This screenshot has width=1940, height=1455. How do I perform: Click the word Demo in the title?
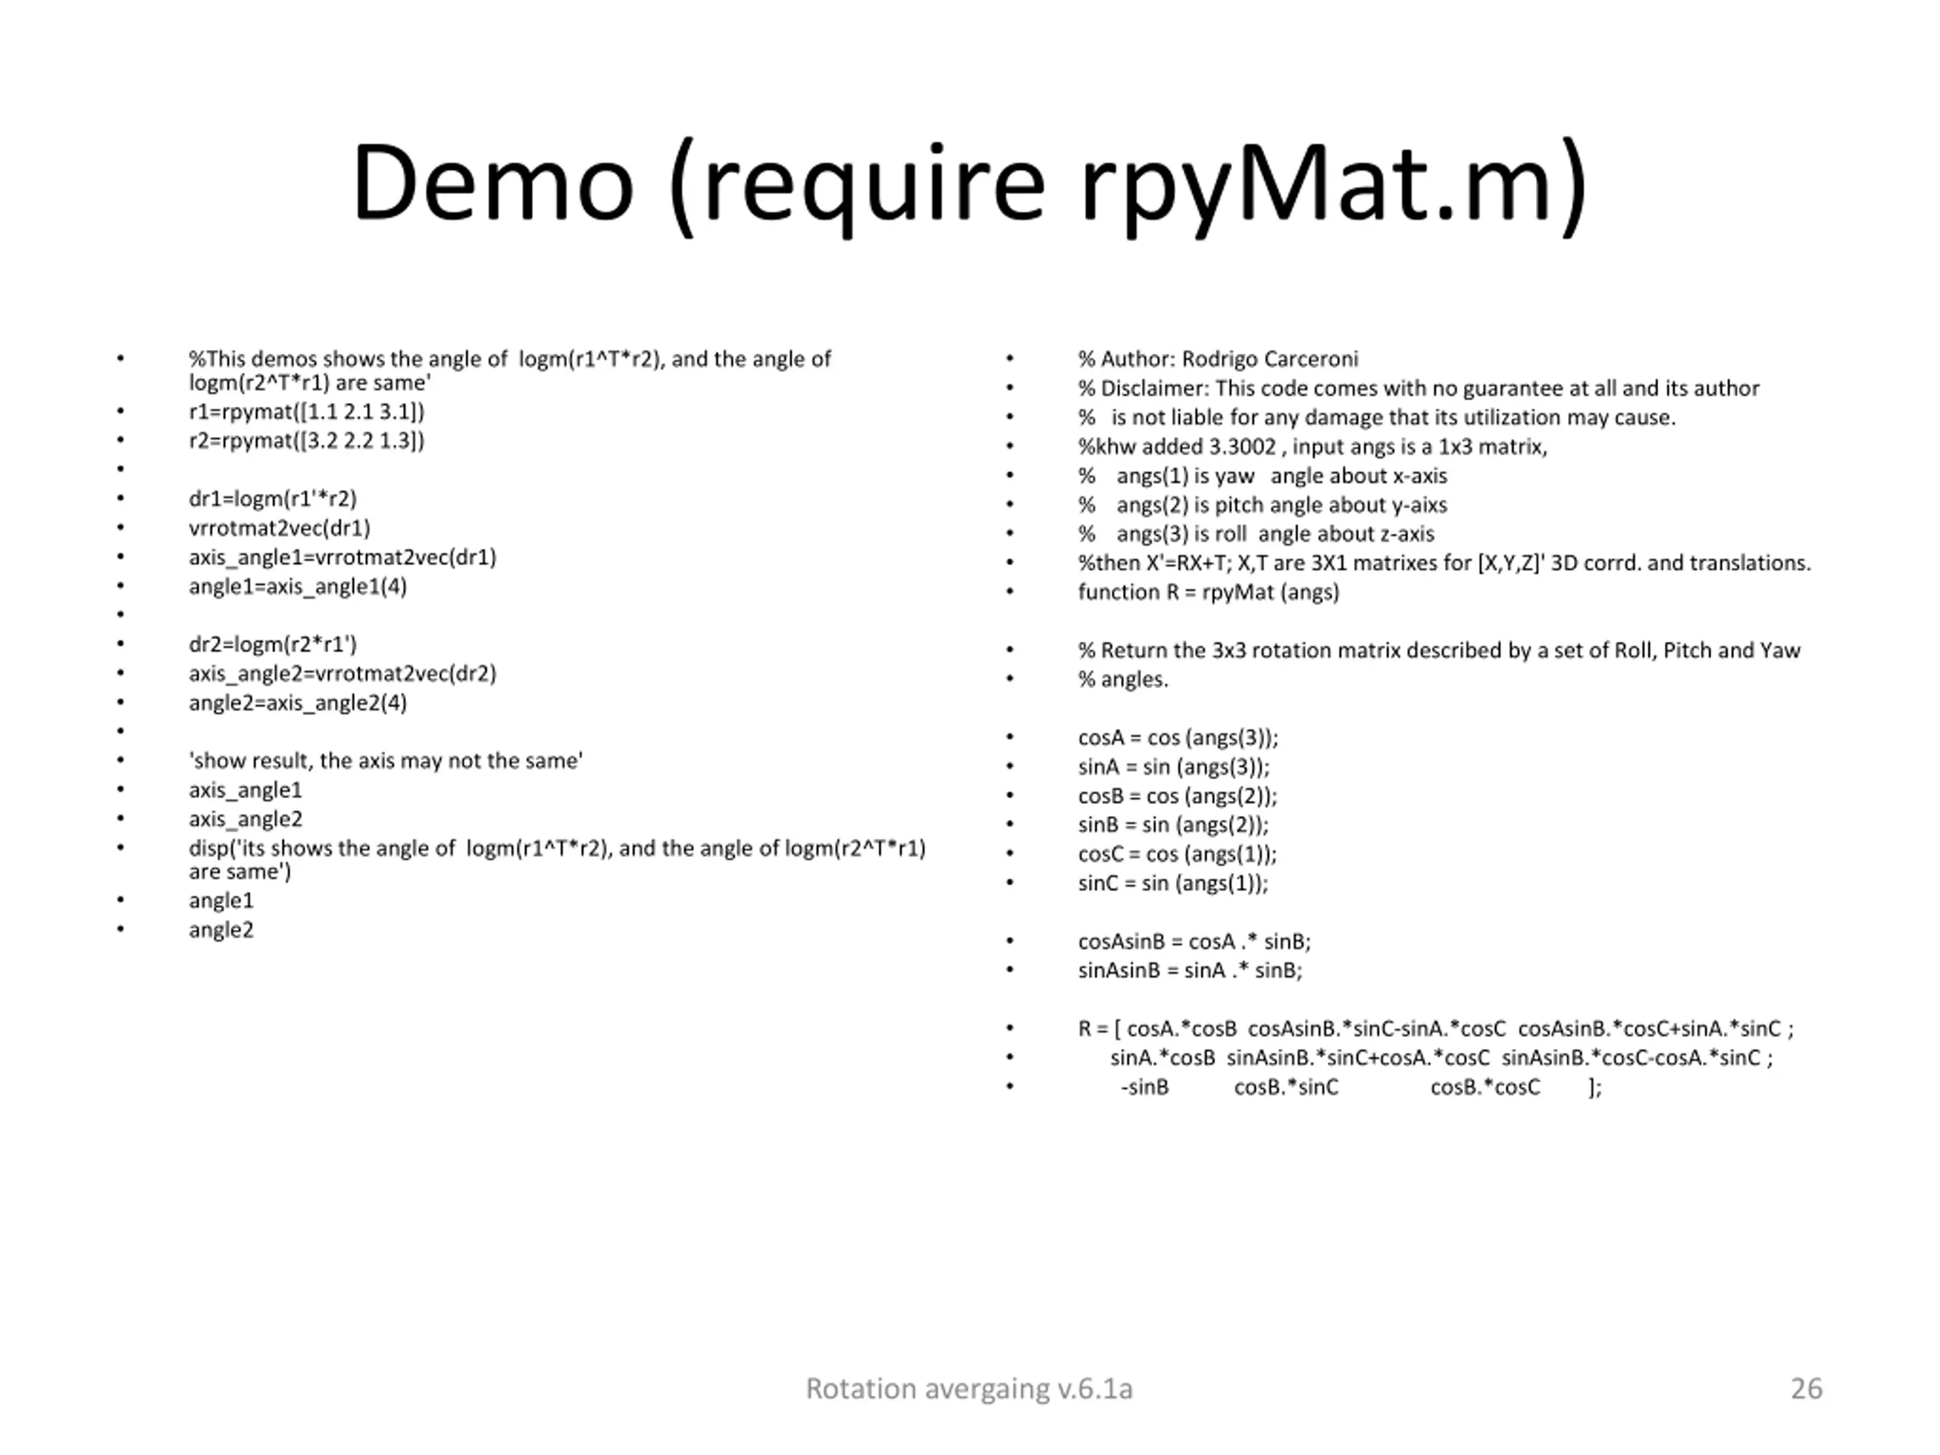pyautogui.click(x=492, y=184)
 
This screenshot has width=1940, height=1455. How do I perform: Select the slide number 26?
pyautogui.click(x=1806, y=1388)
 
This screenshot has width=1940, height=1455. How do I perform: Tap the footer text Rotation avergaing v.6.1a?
pyautogui.click(x=969, y=1388)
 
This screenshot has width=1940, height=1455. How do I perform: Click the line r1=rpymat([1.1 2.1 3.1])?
pyautogui.click(x=306, y=411)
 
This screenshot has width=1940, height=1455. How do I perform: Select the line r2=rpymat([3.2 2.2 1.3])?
pyautogui.click(x=306, y=440)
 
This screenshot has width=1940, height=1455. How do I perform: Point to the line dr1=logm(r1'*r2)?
pyautogui.click(x=273, y=498)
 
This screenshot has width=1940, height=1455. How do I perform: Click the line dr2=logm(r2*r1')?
pyautogui.click(x=273, y=643)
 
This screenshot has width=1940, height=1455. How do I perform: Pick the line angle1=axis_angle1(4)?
pyautogui.click(x=297, y=586)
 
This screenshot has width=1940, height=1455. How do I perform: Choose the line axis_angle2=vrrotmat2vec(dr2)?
pyautogui.click(x=342, y=674)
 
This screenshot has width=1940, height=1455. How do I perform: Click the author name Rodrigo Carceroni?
pyautogui.click(x=1269, y=358)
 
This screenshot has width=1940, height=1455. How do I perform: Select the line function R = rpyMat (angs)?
pyautogui.click(x=1209, y=592)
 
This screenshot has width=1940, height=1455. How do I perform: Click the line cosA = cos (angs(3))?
pyautogui.click(x=1178, y=737)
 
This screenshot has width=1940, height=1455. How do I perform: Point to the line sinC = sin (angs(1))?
pyautogui.click(x=1172, y=883)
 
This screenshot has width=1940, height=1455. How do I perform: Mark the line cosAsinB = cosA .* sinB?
pyautogui.click(x=1194, y=941)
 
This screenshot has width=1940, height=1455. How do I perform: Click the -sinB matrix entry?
pyautogui.click(x=1144, y=1087)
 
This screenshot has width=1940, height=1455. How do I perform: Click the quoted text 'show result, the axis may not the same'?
pyautogui.click(x=385, y=760)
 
